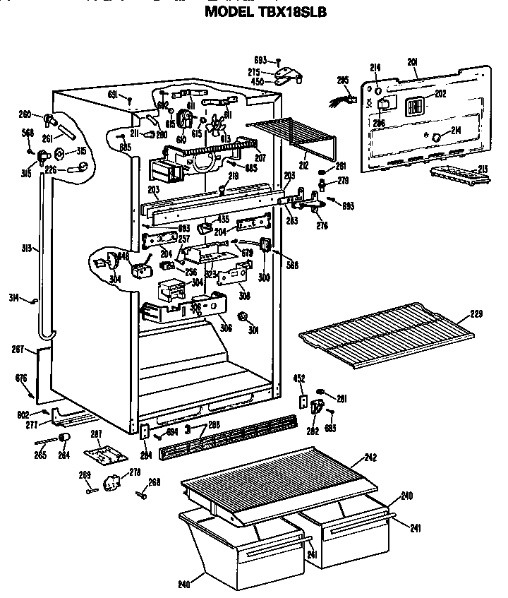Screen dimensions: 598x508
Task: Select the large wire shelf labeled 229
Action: coord(385,330)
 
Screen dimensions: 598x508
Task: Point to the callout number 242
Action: coord(370,458)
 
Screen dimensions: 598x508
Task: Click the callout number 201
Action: coord(413,63)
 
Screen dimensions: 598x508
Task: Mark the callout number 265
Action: coord(41,455)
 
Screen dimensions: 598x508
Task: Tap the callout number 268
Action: coord(155,482)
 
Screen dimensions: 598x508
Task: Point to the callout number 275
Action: coord(254,72)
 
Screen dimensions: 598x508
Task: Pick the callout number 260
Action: coord(25,113)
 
